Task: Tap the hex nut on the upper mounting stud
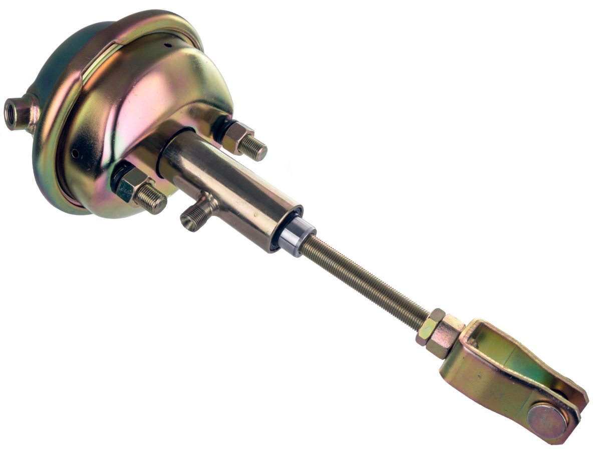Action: point(236,136)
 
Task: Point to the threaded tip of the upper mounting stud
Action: point(255,148)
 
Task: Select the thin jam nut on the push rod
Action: point(429,326)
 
